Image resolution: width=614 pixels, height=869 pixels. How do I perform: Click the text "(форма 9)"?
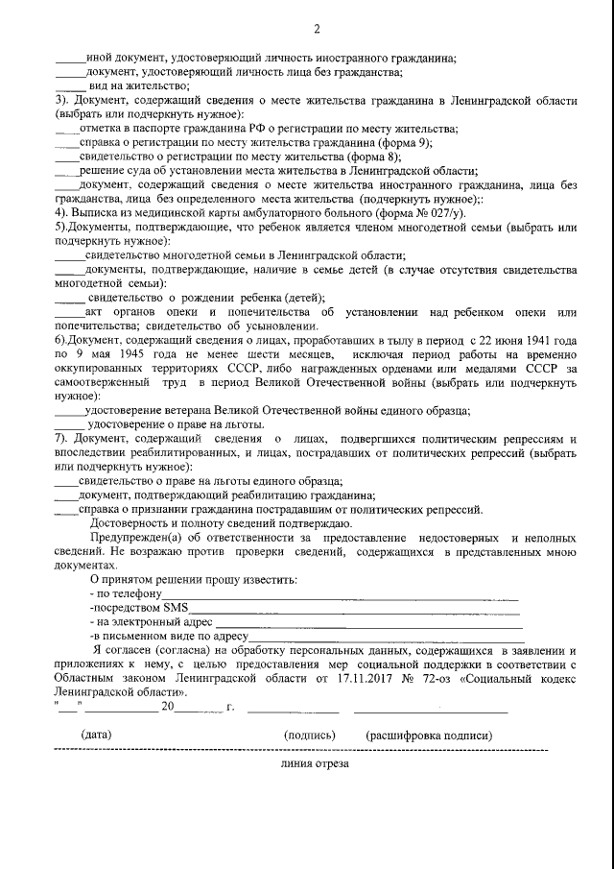[407, 141]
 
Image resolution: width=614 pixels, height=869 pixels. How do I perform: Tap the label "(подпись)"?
[309, 734]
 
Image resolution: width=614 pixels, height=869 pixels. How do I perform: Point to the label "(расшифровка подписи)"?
[429, 734]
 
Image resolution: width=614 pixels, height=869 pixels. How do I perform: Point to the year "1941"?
[557, 341]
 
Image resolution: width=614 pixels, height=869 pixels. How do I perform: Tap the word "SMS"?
[176, 609]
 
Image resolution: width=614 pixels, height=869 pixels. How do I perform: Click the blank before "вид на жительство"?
[69, 86]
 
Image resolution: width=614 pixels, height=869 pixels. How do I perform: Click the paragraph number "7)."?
[63, 438]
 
